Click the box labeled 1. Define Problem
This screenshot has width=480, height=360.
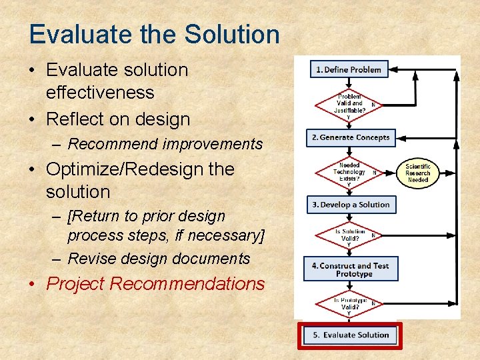[x=349, y=69]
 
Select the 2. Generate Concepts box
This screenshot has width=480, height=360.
[x=351, y=137]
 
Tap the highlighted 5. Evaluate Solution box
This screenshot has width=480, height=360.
[x=351, y=335]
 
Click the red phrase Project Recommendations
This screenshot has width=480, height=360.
[x=155, y=284]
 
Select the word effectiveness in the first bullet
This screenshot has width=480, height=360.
[x=100, y=93]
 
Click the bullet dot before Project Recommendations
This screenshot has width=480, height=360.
[x=35, y=285]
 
